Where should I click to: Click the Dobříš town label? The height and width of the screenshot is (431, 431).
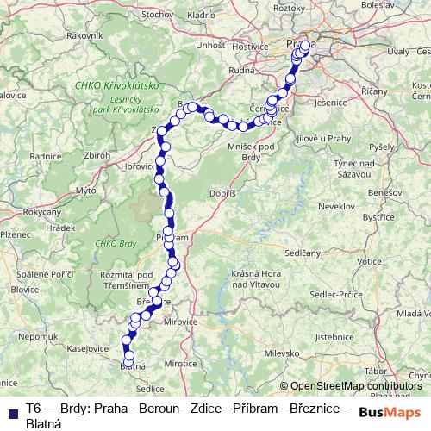223,195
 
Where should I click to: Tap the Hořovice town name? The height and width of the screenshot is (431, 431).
139,165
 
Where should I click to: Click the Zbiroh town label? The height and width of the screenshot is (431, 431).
97,154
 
